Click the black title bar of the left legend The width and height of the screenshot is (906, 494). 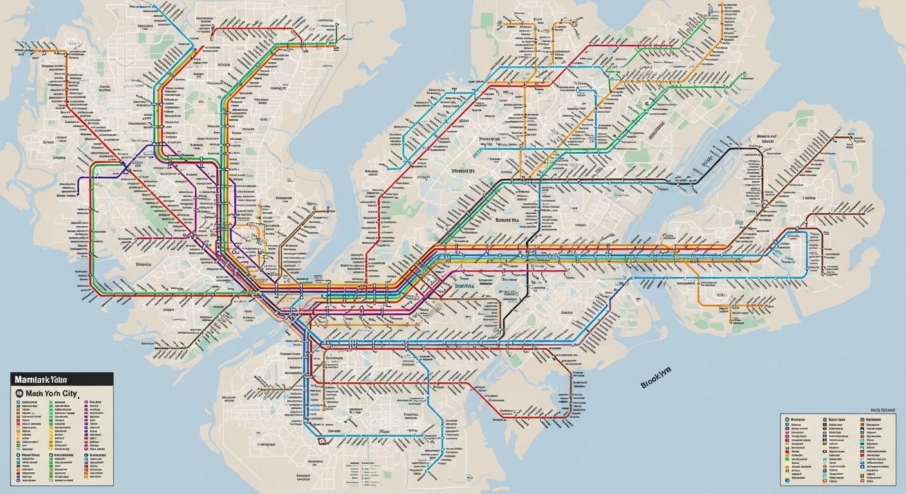tap(62, 379)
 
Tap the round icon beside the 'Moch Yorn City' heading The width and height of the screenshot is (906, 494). tap(19, 392)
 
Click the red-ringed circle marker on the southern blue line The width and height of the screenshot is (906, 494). tap(321, 441)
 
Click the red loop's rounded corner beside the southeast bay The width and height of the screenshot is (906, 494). tap(569, 412)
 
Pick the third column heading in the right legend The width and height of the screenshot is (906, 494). tap(872, 418)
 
